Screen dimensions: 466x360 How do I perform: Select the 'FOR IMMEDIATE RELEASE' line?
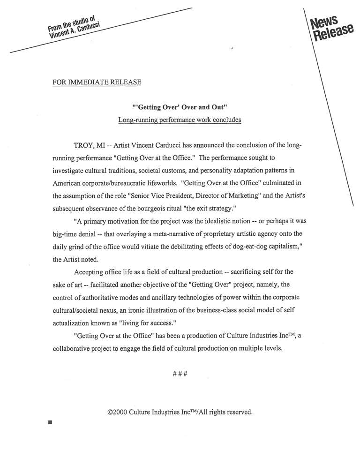point(97,83)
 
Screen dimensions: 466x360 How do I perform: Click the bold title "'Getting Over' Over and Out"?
point(180,107)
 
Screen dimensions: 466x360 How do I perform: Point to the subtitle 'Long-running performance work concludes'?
point(180,120)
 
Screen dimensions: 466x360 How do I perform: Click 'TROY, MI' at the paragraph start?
point(89,146)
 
